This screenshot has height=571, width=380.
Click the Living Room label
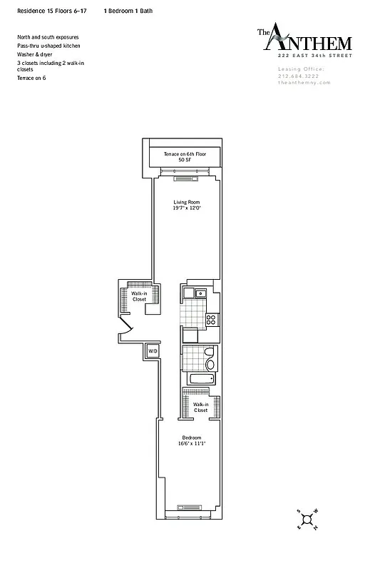coord(185,202)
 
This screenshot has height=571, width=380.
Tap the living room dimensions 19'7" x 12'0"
coord(185,208)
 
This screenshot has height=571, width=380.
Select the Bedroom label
coord(191,438)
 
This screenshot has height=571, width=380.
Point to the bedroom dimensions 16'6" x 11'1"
coord(191,444)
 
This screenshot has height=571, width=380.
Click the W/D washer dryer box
coord(153,351)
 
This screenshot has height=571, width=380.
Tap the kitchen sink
coord(201,293)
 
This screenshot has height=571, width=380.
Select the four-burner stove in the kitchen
coord(210,320)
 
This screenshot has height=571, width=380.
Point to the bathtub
coord(200,380)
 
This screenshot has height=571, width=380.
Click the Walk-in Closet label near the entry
coord(139,296)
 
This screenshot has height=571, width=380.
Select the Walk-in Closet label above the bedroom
coord(200,408)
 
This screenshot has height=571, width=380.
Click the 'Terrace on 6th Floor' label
coord(185,155)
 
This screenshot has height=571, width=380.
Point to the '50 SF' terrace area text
coord(185,161)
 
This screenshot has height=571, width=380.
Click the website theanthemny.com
coord(304,83)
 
